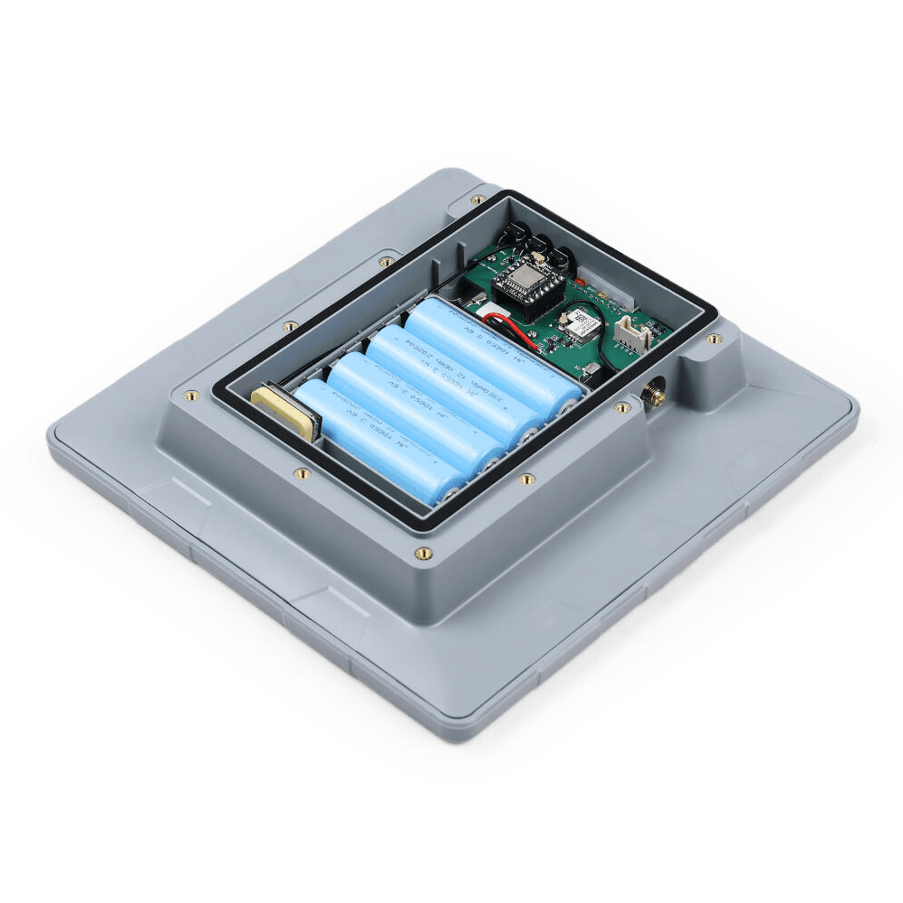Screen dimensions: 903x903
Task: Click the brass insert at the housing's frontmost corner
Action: coord(422,554)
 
